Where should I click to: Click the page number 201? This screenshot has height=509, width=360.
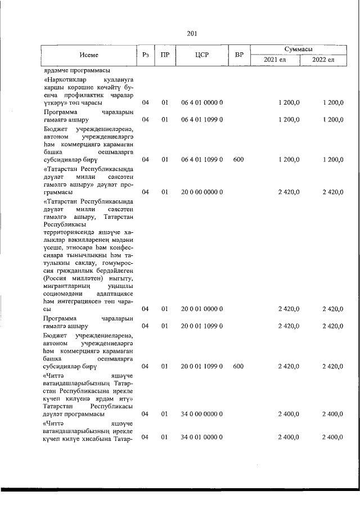coord(191,33)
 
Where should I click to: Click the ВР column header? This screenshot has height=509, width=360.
coord(238,55)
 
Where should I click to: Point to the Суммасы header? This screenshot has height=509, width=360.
coord(299,49)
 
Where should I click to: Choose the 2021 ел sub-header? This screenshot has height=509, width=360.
coord(274,60)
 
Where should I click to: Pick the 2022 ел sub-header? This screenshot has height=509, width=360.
coord(323,60)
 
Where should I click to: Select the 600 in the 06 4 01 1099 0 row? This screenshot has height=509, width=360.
coord(238,160)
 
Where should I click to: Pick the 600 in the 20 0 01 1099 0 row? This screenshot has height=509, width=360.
coord(238,366)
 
